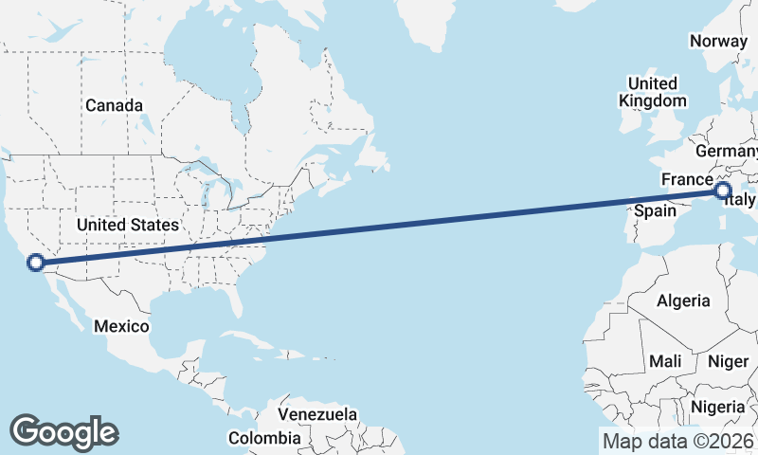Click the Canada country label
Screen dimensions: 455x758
click(x=114, y=105)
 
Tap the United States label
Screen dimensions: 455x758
click(x=128, y=225)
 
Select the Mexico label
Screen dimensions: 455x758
click(x=121, y=326)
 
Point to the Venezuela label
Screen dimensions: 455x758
click(x=317, y=414)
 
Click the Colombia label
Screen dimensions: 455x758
click(x=264, y=438)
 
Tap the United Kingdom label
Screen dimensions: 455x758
click(x=652, y=92)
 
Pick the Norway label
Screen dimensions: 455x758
click(x=719, y=41)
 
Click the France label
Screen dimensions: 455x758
click(x=686, y=179)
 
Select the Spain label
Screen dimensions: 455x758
click(x=654, y=210)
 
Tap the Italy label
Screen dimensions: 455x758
click(x=744, y=201)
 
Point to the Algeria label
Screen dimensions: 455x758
click(x=683, y=300)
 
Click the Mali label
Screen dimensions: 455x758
click(x=665, y=361)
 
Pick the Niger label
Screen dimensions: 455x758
click(x=728, y=361)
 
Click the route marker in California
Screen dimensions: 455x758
click(x=36, y=263)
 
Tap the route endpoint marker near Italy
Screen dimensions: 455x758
click(x=723, y=191)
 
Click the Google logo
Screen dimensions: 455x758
click(x=63, y=431)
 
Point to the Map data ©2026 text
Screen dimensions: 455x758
click(x=678, y=441)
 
